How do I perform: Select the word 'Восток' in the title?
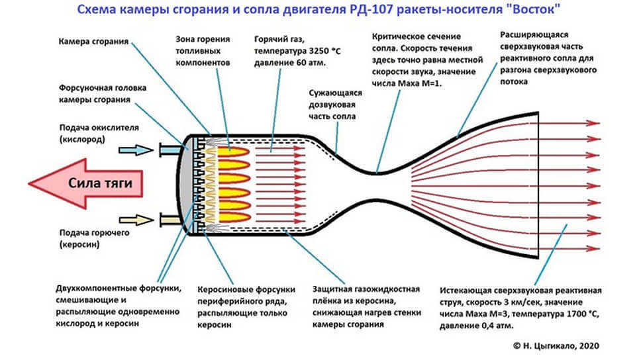pos(530,11)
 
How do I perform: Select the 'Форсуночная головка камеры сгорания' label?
pos(101,93)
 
